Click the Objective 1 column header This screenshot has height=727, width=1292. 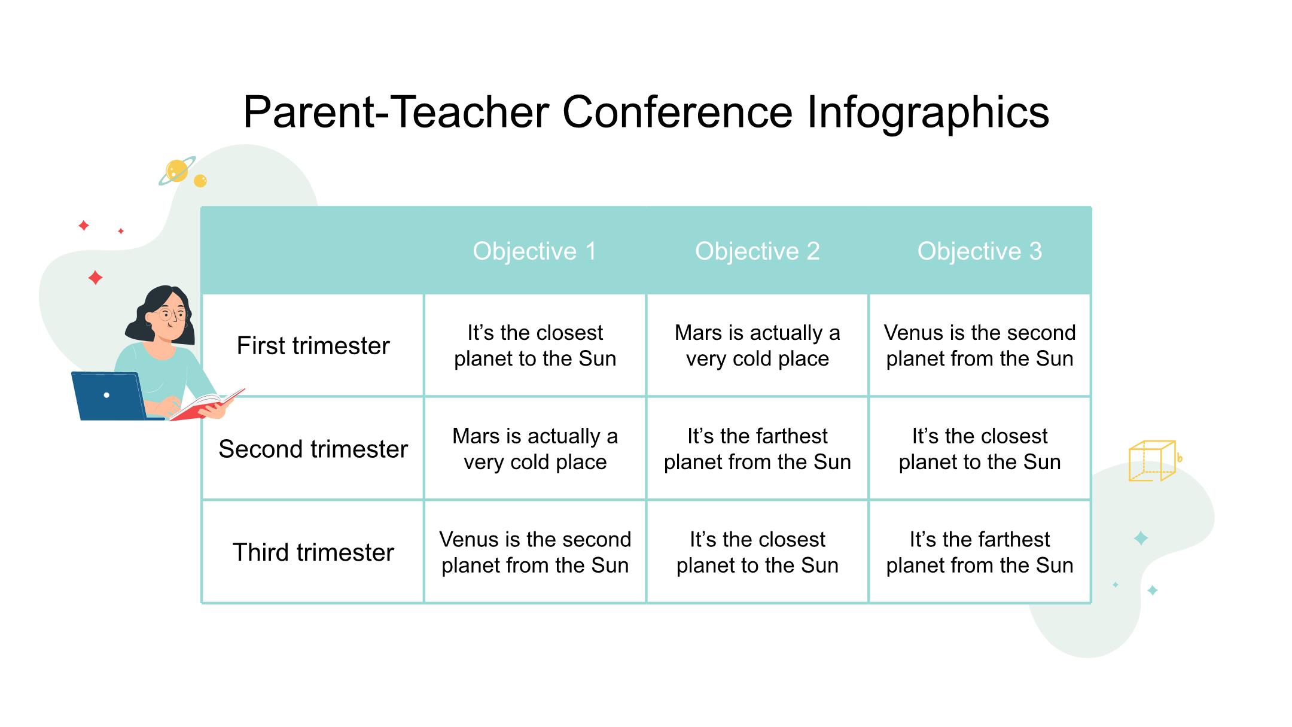click(x=535, y=251)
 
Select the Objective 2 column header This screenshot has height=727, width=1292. click(x=757, y=251)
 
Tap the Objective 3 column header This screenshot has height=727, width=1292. click(x=980, y=251)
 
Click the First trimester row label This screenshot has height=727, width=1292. click(x=313, y=346)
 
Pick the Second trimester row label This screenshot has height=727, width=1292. click(x=313, y=449)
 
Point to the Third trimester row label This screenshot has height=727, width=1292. click(x=313, y=552)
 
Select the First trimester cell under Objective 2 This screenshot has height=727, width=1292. click(x=757, y=345)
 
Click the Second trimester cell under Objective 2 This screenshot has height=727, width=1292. click(x=757, y=449)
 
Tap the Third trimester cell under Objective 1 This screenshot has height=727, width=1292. click(x=535, y=552)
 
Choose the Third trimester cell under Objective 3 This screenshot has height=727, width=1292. click(x=980, y=552)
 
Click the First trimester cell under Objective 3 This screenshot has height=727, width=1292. click(x=980, y=345)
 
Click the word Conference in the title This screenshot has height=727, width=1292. click(x=677, y=112)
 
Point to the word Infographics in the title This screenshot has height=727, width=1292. click(x=928, y=114)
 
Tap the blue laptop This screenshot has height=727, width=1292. click(x=111, y=396)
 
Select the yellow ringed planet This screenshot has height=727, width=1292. click(x=177, y=171)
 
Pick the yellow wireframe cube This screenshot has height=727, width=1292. click(x=1152, y=461)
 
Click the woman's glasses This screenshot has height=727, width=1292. click(x=170, y=314)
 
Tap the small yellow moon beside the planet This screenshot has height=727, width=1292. click(x=200, y=181)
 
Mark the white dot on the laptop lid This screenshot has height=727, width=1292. click(x=106, y=395)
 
